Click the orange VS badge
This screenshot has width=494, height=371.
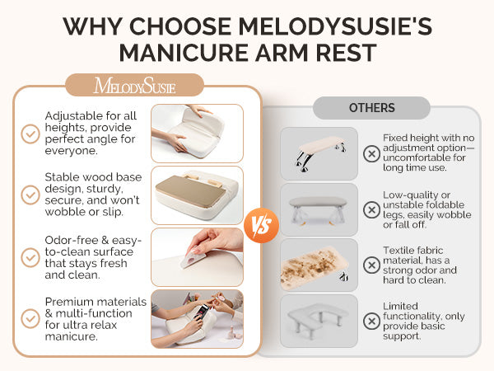point(261,225)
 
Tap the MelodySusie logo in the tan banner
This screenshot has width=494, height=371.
point(135,86)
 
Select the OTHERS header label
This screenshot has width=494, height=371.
point(372,108)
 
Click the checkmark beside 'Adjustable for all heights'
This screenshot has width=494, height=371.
point(30,134)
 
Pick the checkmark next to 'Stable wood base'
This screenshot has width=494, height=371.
point(30,195)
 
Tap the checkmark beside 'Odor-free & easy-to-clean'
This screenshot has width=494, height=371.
point(30,257)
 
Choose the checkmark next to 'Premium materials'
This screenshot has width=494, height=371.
point(30,318)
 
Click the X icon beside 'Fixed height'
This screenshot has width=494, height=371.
point(372,153)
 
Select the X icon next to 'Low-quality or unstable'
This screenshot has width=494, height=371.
point(372,209)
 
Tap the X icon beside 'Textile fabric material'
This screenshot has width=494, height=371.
point(372,265)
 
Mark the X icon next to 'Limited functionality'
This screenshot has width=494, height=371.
point(372,322)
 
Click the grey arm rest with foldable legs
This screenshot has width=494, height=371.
point(318,210)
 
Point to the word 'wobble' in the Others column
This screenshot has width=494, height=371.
point(454,215)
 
